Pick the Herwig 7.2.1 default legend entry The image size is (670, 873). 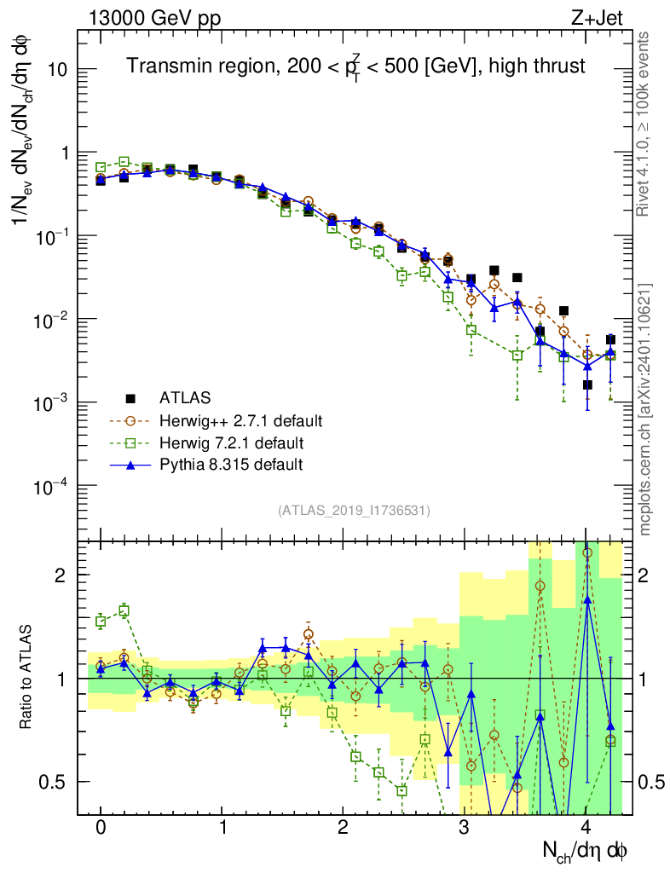pos(231,442)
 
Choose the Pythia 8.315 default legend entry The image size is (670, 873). pos(231,465)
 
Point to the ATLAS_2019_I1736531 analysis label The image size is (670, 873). pos(354,511)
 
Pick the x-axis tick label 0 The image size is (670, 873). pos(101,828)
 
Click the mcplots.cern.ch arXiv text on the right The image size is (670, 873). pos(645,409)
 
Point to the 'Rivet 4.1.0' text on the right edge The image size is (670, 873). pos(645,124)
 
